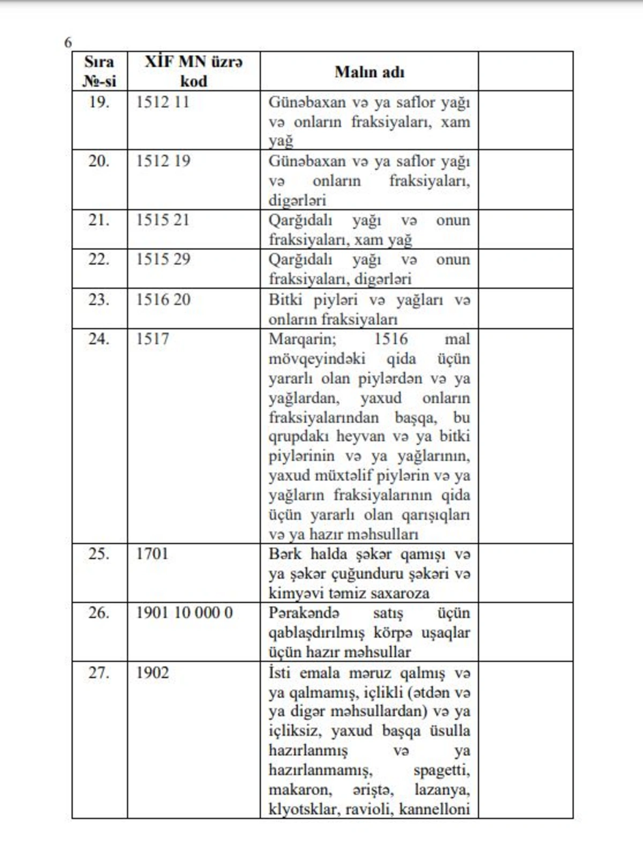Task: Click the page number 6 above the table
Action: click(x=68, y=43)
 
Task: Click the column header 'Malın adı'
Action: click(x=369, y=72)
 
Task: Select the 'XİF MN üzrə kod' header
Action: click(x=193, y=71)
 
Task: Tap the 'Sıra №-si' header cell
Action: click(x=99, y=71)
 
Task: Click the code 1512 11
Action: click(x=162, y=102)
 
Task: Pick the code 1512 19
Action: click(x=163, y=161)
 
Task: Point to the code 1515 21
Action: click(x=162, y=220)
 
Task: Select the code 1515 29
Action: click(x=163, y=259)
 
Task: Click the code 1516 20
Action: click(x=163, y=299)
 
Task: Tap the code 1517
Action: click(x=152, y=339)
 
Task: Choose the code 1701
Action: click(x=152, y=554)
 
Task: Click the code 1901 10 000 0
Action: click(x=184, y=613)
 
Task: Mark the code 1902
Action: click(x=152, y=673)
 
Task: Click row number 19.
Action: click(x=99, y=102)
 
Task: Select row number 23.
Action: click(x=99, y=299)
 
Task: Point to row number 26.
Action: click(x=99, y=613)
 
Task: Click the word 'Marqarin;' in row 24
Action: click(x=302, y=339)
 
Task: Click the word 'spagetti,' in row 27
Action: click(x=442, y=771)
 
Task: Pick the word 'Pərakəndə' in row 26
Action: click(x=304, y=613)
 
